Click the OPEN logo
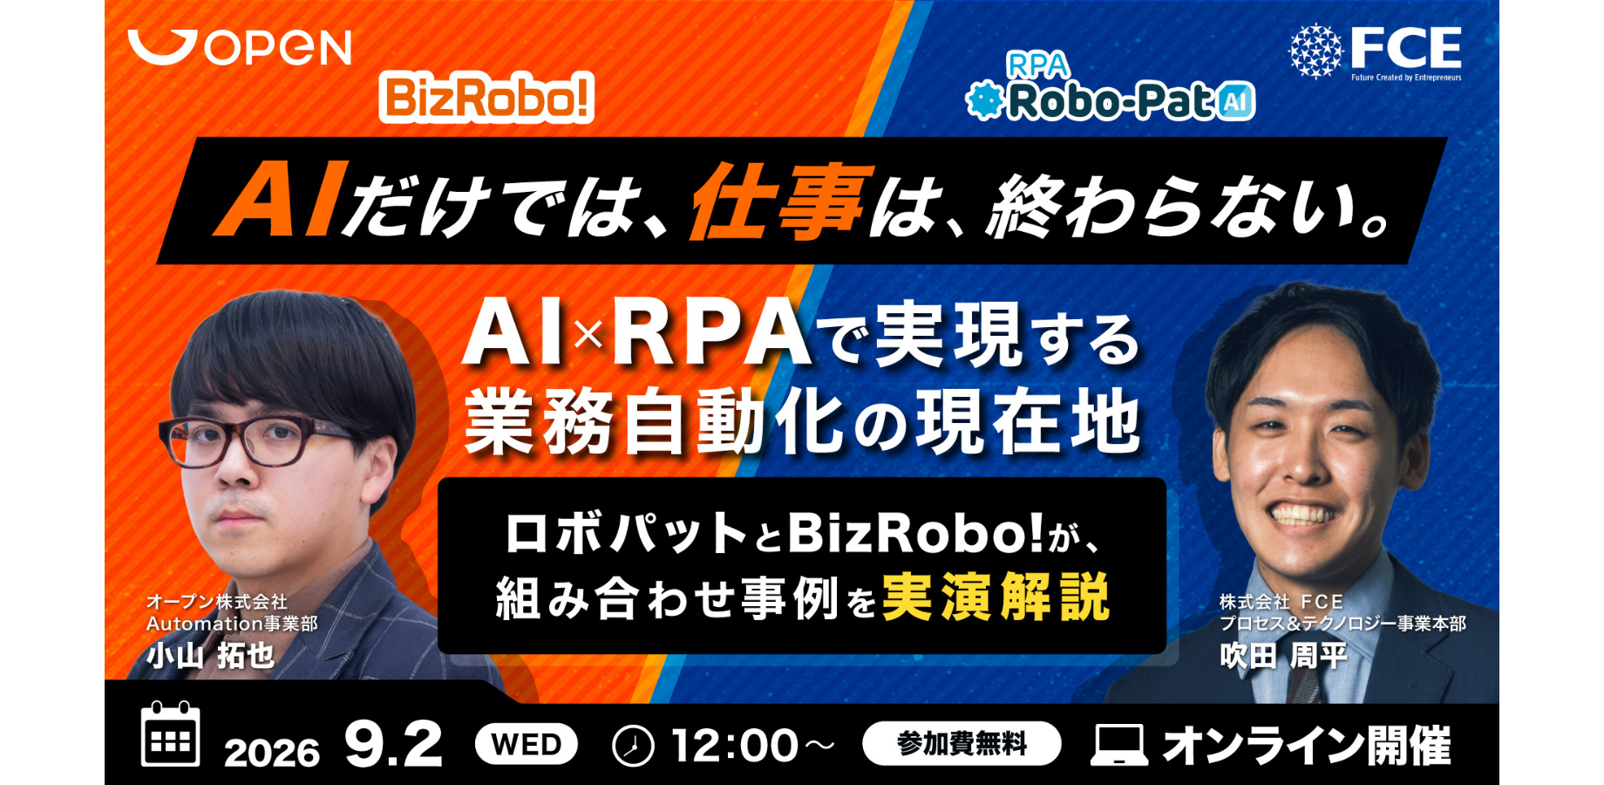tap(239, 47)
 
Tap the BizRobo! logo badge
tap(486, 97)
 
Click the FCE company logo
tap(1375, 51)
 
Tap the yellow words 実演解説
tap(996, 598)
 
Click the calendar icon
tap(170, 734)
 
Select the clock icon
tap(633, 746)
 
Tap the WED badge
tap(527, 745)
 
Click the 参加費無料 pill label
tap(962, 743)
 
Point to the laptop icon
tap(1119, 746)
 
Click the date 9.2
tap(394, 745)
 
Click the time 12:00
tap(734, 747)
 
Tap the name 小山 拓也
tap(210, 656)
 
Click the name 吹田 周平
tap(1283, 656)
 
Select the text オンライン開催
tap(1307, 746)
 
